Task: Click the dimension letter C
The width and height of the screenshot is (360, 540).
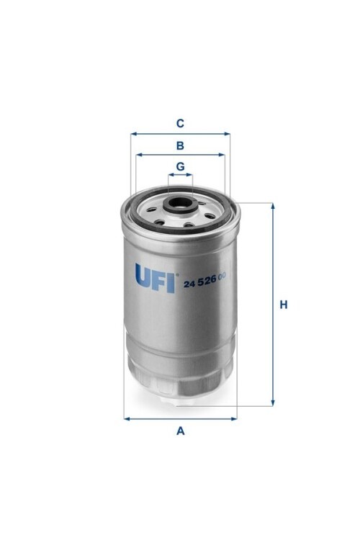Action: point(180,123)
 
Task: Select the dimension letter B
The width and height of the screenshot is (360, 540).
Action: point(180,145)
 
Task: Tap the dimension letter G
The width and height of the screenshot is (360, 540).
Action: point(180,167)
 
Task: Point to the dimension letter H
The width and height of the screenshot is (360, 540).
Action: point(283,305)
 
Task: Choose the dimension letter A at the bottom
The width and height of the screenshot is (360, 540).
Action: point(181,431)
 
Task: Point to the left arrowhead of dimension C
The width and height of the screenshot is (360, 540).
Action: point(134,134)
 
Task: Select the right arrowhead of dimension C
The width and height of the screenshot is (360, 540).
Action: point(227,134)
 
